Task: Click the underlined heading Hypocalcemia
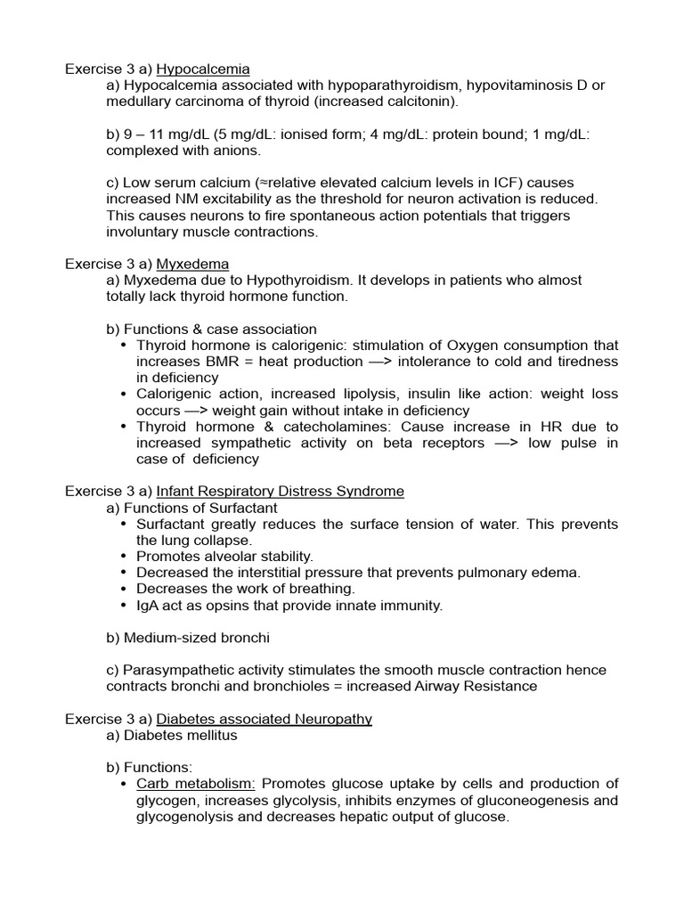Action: click(203, 69)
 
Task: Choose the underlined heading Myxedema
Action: click(192, 264)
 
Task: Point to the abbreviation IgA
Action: click(149, 605)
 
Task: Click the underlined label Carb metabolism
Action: click(196, 784)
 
